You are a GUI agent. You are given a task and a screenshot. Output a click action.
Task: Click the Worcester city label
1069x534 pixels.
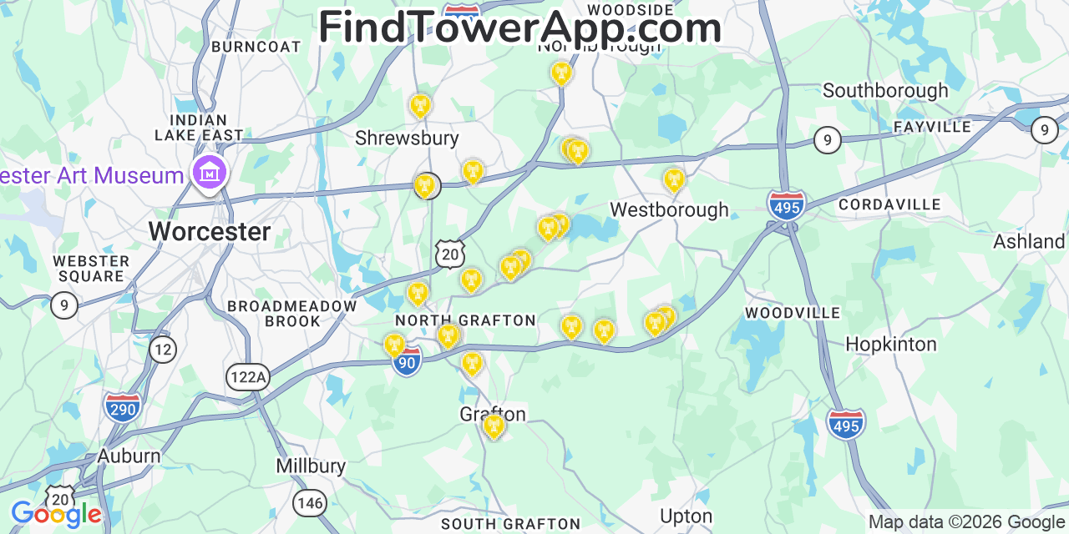210,231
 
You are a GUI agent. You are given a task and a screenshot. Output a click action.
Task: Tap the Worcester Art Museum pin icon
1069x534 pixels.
210,174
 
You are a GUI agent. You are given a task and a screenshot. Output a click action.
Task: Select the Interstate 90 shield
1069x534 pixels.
408,362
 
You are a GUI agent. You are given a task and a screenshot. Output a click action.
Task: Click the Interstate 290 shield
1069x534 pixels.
123,407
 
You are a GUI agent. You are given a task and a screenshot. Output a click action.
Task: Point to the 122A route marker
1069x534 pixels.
248,377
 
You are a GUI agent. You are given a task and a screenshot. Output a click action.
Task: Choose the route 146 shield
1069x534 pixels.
309,502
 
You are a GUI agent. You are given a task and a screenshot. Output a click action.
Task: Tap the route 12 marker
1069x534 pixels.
163,349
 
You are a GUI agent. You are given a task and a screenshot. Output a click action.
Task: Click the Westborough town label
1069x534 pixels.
669,209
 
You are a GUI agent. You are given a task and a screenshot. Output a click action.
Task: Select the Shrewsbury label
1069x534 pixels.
407,138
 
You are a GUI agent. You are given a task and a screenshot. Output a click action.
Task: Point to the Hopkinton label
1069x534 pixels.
890,344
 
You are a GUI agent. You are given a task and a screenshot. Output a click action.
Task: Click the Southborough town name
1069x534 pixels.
885,90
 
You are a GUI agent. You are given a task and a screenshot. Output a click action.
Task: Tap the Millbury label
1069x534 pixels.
311,466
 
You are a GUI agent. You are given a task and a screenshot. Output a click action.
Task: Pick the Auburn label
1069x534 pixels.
129,456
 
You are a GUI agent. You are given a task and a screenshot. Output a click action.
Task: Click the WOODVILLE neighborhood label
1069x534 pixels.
793,313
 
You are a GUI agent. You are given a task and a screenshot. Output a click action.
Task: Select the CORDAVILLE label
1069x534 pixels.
889,204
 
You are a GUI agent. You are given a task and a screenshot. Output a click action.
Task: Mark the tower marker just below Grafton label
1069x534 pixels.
494,426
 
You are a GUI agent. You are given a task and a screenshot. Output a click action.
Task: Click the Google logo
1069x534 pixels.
55,515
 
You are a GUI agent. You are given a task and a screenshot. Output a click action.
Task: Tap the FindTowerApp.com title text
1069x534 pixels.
519,28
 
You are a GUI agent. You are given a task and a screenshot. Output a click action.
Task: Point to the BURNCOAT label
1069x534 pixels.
256,47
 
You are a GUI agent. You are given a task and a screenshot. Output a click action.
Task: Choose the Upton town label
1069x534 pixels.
686,516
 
